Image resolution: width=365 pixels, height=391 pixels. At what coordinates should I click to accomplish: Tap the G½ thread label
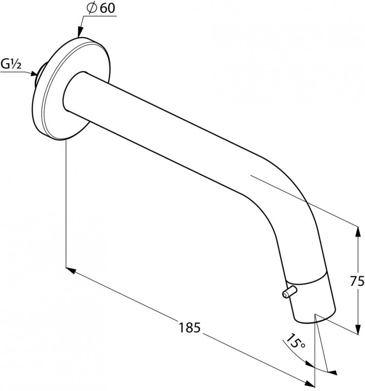11,64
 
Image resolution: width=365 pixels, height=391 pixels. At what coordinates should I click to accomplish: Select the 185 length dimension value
191,327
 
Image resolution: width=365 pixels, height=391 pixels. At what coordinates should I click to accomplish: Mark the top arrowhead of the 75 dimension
355,230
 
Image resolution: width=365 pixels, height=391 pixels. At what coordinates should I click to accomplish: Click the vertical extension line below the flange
65,205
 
